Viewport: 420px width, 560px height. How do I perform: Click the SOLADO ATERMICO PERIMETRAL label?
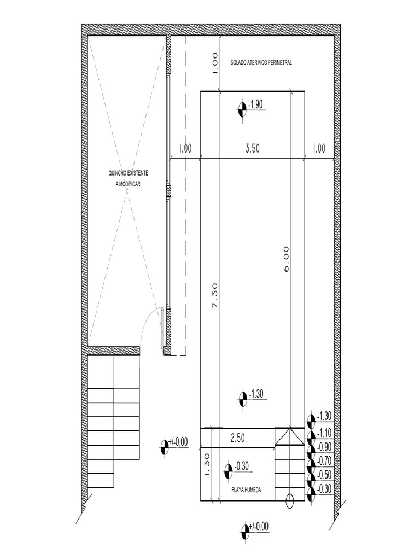pos(261,62)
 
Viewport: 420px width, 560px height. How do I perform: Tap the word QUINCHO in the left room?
pos(118,173)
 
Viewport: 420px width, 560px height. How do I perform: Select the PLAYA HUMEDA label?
pos(246,490)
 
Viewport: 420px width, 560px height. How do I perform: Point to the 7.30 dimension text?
pos(214,296)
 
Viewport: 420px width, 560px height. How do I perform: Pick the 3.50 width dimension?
pos(253,148)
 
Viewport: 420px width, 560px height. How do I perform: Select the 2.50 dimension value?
pos(237,438)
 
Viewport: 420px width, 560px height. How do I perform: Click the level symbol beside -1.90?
pos(242,109)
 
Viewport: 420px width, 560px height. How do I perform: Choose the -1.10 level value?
pos(324,433)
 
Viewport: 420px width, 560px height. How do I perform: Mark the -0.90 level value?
pos(324,447)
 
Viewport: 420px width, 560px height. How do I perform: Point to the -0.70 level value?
pos(324,460)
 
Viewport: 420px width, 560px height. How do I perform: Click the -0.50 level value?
pos(324,475)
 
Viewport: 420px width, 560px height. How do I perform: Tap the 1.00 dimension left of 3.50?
pos(185,148)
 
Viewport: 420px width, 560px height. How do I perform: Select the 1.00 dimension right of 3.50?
pos(319,148)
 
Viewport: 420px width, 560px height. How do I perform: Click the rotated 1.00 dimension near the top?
pos(214,63)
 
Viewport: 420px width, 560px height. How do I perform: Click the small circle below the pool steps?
pos(290,501)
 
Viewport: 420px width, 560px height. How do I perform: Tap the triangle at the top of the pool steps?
pos(290,436)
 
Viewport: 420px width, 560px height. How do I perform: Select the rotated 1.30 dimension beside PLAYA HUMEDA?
pos(207,465)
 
